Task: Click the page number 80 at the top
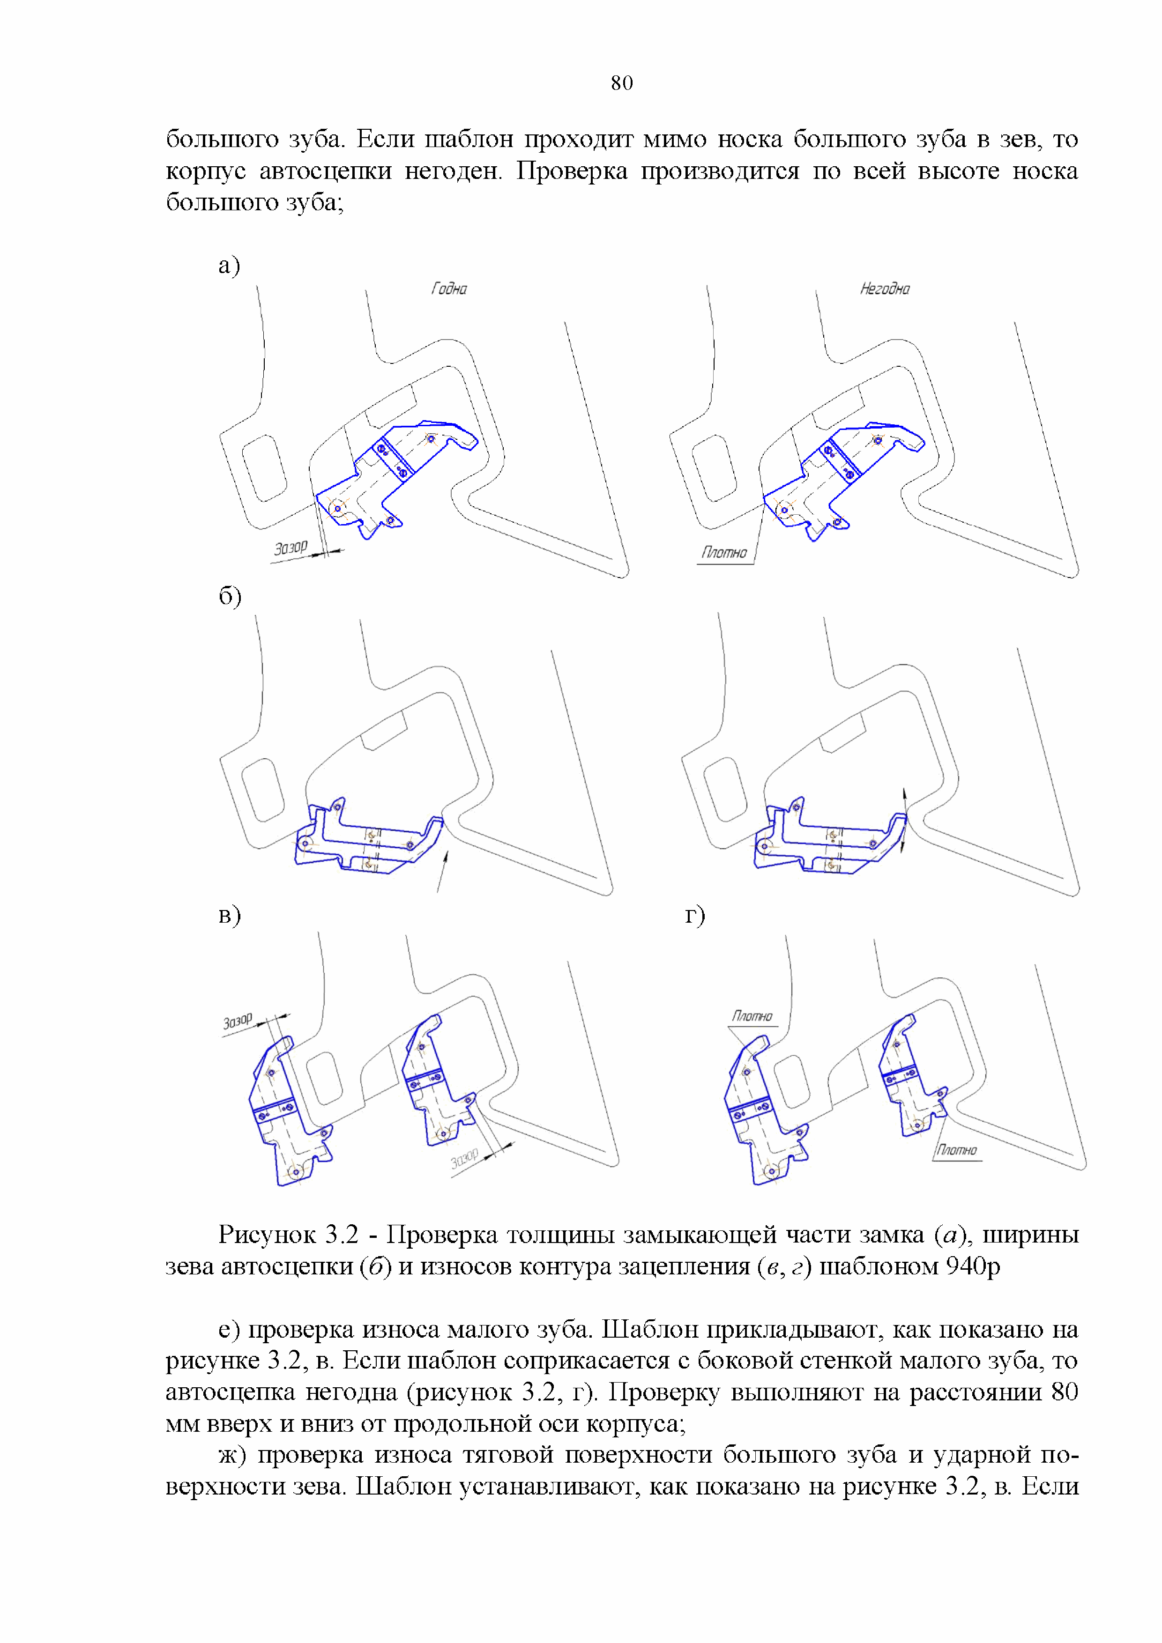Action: click(621, 83)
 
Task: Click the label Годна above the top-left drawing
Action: click(449, 289)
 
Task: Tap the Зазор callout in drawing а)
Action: click(290, 548)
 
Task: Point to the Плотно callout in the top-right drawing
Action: click(724, 553)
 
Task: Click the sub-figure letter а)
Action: click(229, 266)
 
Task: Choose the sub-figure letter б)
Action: click(230, 596)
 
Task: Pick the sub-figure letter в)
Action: click(229, 915)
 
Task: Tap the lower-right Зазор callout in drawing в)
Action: click(465, 1158)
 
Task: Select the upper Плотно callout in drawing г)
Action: click(752, 1016)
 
